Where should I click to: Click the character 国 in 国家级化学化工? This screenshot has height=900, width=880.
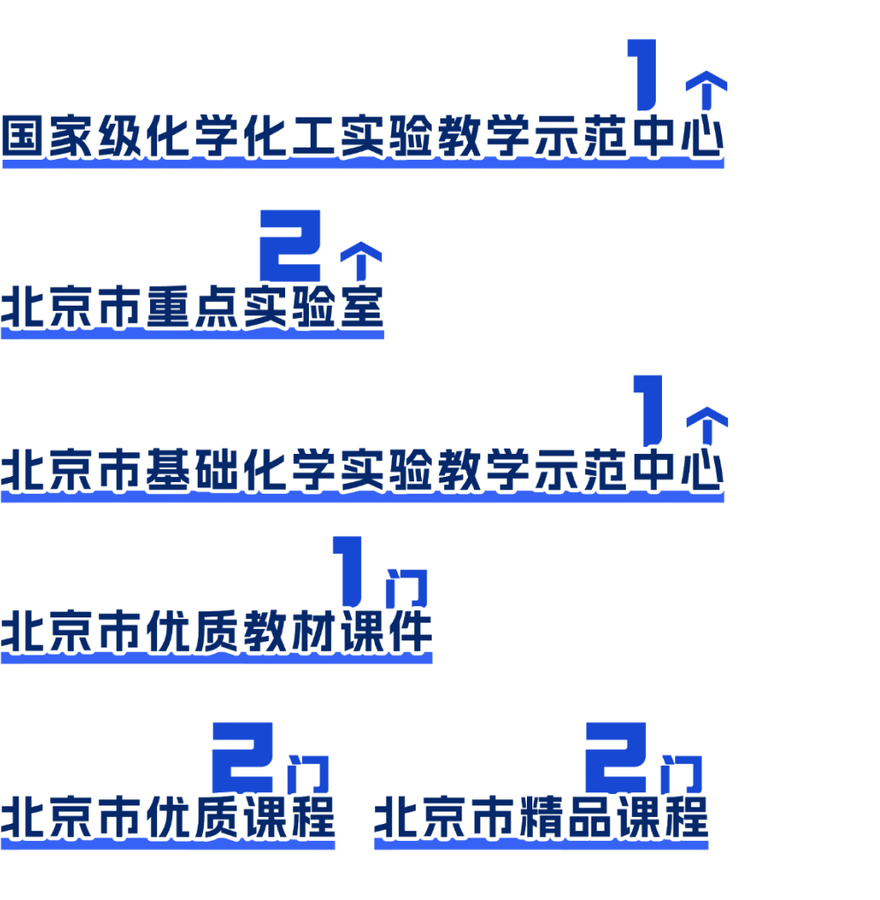[x=24, y=136]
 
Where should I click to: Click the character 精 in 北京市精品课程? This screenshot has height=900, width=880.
[x=545, y=816]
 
